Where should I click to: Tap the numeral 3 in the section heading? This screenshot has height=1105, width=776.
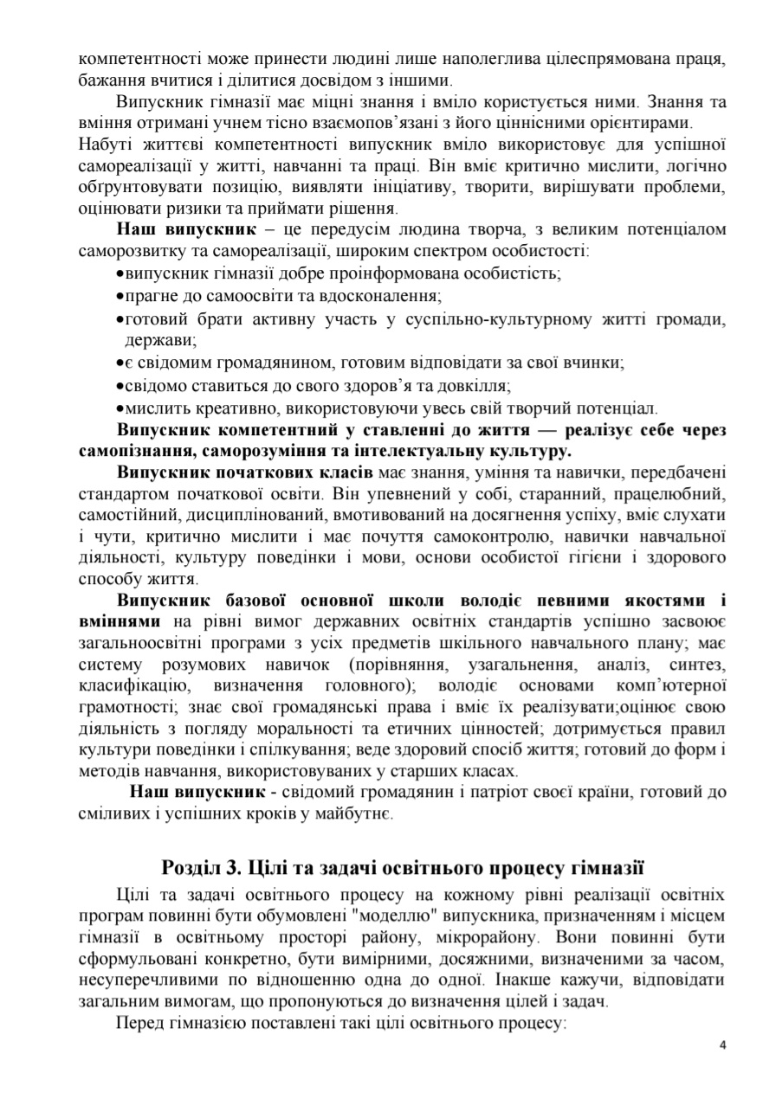pyautogui.click(x=243, y=868)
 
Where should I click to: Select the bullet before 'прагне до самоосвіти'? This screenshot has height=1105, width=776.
pyautogui.click(x=120, y=297)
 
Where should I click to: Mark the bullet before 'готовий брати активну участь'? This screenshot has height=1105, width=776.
pyautogui.click(x=120, y=319)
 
